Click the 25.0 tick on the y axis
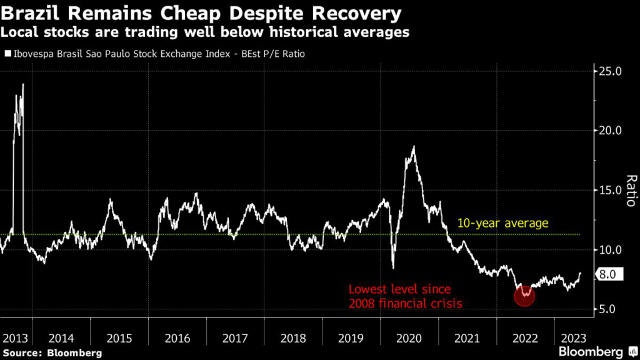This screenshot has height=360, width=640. coord(610,71)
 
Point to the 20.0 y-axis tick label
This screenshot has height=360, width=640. coord(610,131)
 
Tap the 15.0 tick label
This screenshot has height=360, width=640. coord(610,190)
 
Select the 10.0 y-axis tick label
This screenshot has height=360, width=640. coord(610,250)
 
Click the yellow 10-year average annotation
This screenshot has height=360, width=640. coord(502,223)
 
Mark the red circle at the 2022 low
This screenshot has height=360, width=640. coord(524,296)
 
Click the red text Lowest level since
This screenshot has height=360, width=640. coord(399,290)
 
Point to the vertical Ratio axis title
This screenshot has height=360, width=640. coord(631,191)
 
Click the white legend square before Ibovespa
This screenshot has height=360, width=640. coord(7,54)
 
